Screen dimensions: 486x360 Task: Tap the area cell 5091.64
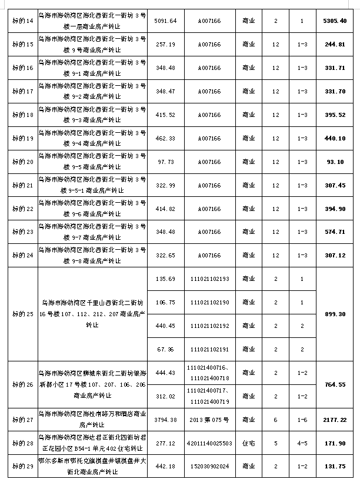165,21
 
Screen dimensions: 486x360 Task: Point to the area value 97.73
165,162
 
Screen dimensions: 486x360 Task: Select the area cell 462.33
165,138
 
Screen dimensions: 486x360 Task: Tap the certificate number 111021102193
209,279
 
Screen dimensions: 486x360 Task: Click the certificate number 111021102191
209,349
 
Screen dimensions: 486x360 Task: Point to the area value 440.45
165,325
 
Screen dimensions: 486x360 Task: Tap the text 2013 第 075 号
209,419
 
